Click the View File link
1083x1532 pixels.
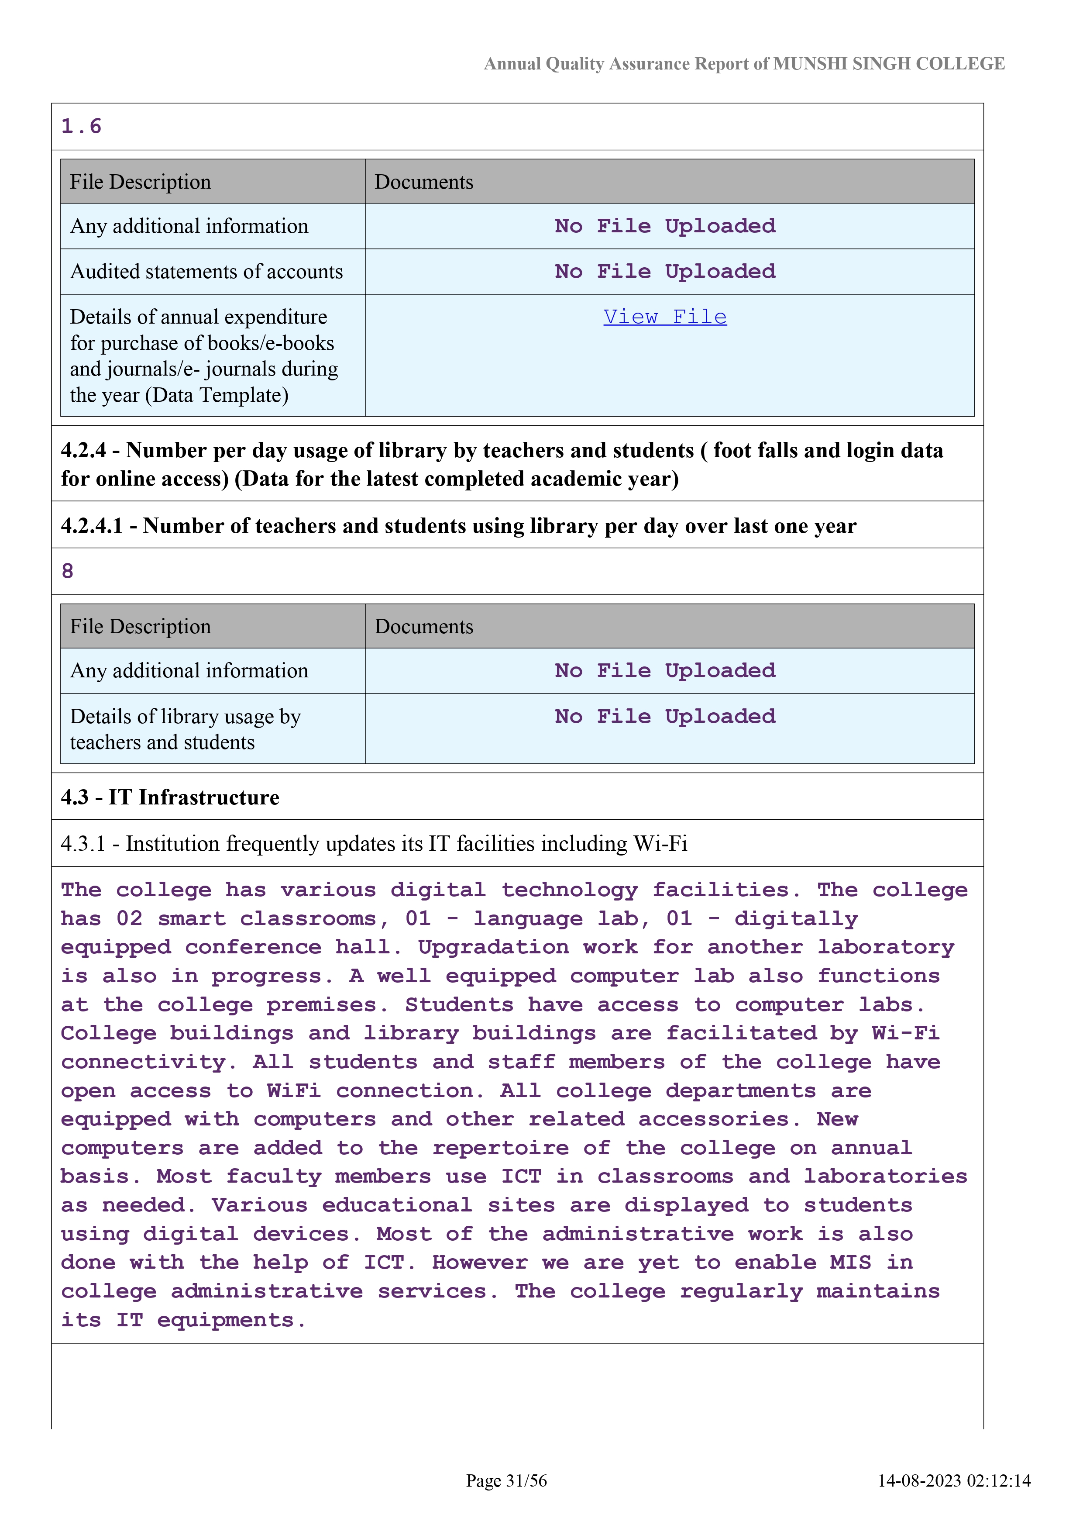665,317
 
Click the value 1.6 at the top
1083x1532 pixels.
81,126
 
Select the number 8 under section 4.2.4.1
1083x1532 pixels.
67,571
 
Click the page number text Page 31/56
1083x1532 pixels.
506,1480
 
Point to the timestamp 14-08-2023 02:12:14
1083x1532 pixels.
954,1480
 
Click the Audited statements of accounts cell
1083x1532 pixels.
207,272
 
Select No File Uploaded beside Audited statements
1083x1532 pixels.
665,272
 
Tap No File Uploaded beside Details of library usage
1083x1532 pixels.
665,717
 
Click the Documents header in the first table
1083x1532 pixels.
424,182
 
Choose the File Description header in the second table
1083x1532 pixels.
141,627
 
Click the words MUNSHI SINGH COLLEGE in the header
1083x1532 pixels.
889,64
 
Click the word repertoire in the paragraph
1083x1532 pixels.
500,1148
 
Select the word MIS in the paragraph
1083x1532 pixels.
850,1263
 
